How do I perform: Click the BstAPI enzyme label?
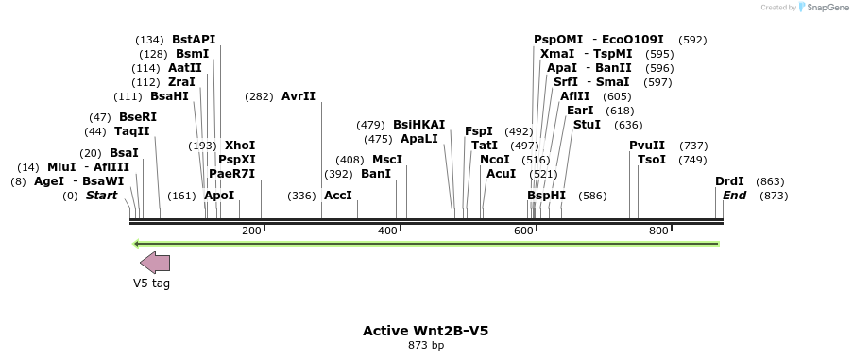[x=194, y=40]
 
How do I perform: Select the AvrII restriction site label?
[x=299, y=96]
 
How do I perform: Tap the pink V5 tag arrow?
[x=155, y=263]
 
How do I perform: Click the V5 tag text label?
[x=151, y=283]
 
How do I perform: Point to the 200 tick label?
[x=251, y=231]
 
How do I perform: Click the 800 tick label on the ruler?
[x=658, y=231]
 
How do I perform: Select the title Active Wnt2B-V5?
[x=425, y=331]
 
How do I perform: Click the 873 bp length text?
[x=425, y=346]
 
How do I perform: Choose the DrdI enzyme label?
[x=729, y=181]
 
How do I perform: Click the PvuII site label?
[x=647, y=146]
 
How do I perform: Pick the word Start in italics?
[x=103, y=196]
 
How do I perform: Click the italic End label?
[x=734, y=196]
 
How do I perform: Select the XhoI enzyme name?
[x=240, y=146]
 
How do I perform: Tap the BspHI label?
[x=546, y=196]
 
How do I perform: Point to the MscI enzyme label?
[x=386, y=160]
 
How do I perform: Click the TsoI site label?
[x=652, y=160]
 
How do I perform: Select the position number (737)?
[x=693, y=146]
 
